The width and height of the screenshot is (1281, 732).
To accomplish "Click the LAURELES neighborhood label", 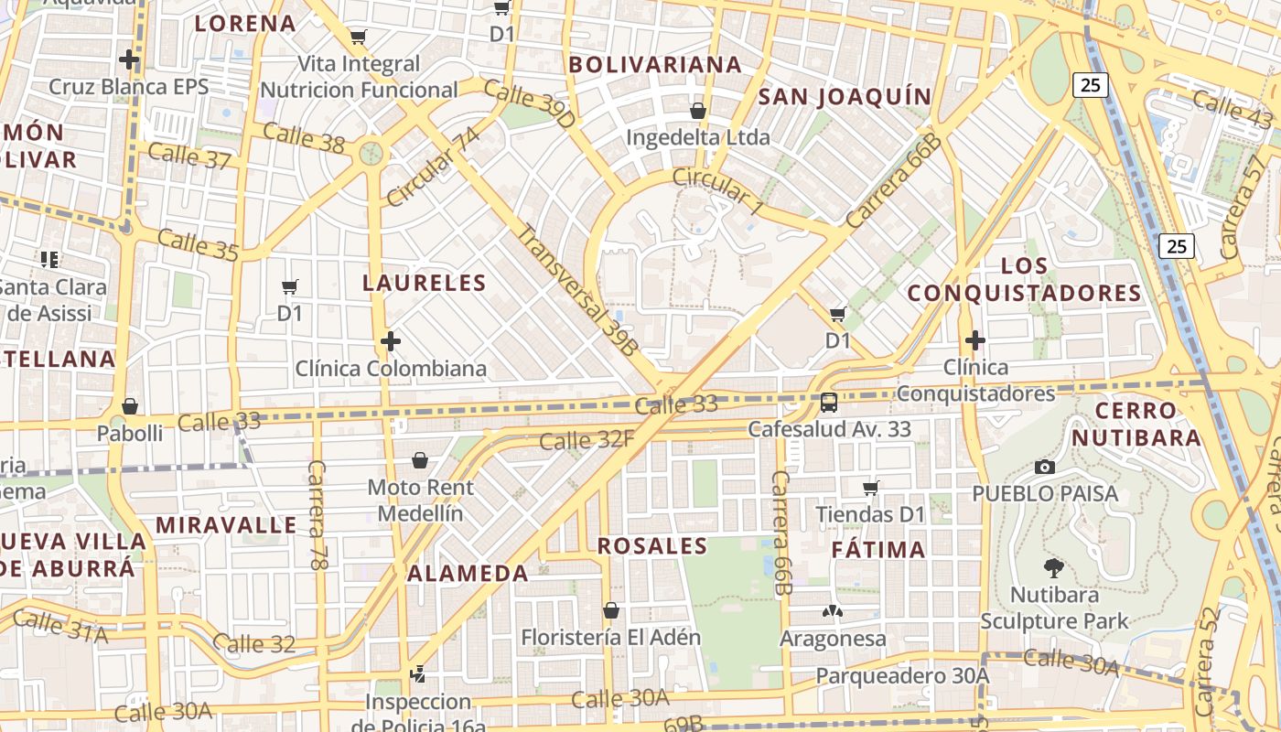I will (x=423, y=283).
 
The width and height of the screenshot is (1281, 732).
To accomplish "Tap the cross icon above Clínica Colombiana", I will (x=391, y=342).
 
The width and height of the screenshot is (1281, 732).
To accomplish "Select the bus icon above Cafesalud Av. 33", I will (x=829, y=402).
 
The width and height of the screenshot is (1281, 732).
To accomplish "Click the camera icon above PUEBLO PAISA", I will (x=1044, y=467).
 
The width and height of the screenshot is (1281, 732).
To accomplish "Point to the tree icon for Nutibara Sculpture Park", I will (x=1054, y=568).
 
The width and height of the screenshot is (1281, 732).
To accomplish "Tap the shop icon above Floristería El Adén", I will (x=611, y=610).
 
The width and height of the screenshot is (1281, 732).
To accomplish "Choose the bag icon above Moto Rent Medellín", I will (x=420, y=460).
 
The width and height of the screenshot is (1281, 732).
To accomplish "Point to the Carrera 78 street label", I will (x=317, y=516).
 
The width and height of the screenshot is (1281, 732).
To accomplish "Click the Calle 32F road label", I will (x=587, y=441).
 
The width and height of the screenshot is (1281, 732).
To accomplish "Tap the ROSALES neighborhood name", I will (x=652, y=547).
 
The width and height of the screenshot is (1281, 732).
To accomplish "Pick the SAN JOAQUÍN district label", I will (x=845, y=97).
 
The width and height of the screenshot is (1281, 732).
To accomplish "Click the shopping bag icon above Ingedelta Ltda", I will (x=698, y=112).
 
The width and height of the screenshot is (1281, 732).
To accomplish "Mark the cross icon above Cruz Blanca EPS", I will (x=129, y=60).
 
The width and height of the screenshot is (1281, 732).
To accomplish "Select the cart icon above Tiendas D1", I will (x=871, y=489).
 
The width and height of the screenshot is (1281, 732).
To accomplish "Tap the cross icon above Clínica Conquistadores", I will (x=975, y=341).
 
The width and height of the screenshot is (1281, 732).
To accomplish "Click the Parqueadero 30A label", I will (x=902, y=676).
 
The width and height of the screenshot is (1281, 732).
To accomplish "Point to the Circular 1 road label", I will (x=717, y=191).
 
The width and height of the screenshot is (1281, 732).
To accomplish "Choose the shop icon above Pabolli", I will (x=130, y=406).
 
